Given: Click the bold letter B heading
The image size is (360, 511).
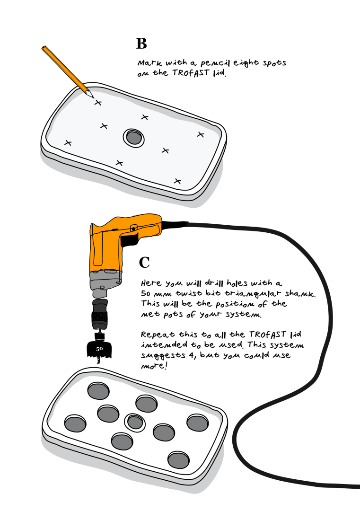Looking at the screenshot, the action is [141, 44].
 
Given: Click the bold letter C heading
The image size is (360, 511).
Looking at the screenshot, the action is [144, 262].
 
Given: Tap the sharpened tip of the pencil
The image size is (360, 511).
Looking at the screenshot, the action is [93, 97].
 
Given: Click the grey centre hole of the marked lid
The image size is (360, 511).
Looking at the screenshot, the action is [133, 137].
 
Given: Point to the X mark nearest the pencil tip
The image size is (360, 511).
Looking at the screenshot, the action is [98, 103].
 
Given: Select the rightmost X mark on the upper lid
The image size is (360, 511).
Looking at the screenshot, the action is [201, 134].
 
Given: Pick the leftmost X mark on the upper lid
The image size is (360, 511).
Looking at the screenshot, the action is [68, 143].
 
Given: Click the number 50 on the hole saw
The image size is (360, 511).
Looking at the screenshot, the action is [99, 349].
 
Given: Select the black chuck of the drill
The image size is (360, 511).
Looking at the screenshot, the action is [100, 315].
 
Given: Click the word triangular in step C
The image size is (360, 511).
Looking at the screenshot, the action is [253, 294].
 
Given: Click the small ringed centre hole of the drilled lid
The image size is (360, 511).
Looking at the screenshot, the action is [135, 422].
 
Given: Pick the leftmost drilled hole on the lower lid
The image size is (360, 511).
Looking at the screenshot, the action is [75, 423].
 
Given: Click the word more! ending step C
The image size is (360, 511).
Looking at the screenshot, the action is [154, 366].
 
